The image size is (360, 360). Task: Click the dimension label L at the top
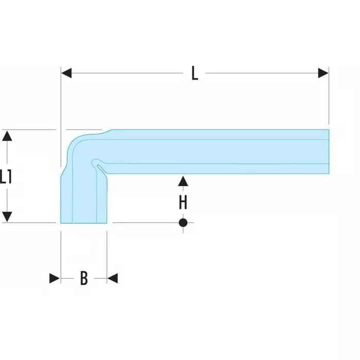point(194,74)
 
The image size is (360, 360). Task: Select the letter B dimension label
point(84,278)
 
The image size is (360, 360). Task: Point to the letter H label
point(183,203)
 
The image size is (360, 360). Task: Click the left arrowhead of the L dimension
point(66,74)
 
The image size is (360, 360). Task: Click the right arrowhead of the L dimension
point(323,74)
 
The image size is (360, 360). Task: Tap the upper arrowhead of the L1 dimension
point(7,136)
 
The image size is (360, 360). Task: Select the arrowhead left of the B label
point(55,278)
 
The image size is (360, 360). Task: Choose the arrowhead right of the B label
point(113,278)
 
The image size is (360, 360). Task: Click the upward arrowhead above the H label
point(183,181)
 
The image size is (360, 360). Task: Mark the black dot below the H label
point(183,223)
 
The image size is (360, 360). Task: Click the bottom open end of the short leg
point(84,223)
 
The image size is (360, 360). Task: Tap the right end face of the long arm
point(328,151)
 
